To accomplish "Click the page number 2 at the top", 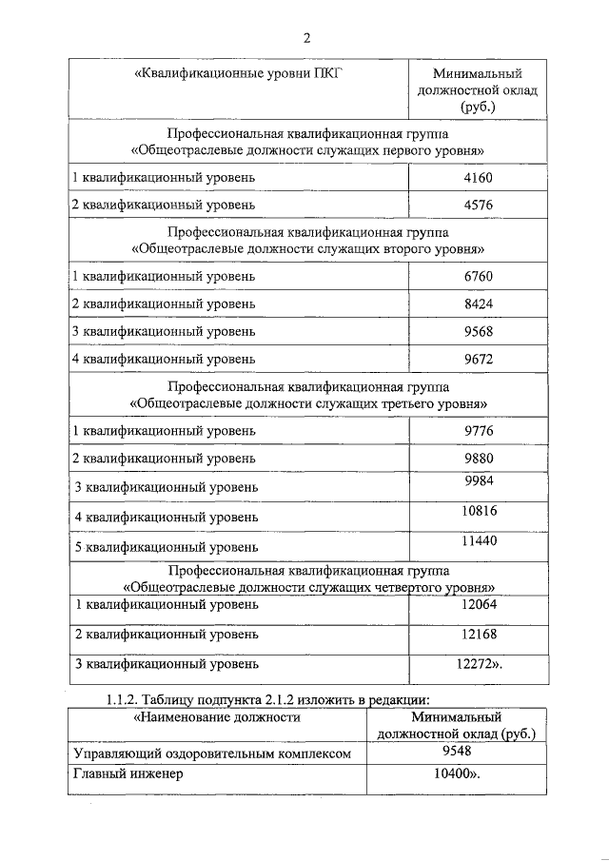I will click(306, 38).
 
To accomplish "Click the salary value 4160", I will click(478, 177).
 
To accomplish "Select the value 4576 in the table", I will click(478, 205).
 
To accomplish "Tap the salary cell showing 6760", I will click(478, 276).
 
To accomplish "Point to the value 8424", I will click(478, 303).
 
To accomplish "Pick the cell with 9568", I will click(478, 331).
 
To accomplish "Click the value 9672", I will click(478, 359).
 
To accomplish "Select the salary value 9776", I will click(478, 430).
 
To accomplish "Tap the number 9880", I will click(478, 458).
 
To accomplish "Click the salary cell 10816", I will click(478, 511).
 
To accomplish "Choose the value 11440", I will click(478, 540).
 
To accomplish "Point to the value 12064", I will click(478, 604).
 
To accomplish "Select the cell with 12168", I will click(478, 634).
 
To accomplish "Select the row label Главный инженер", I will click(128, 774).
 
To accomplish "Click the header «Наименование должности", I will click(217, 717).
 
